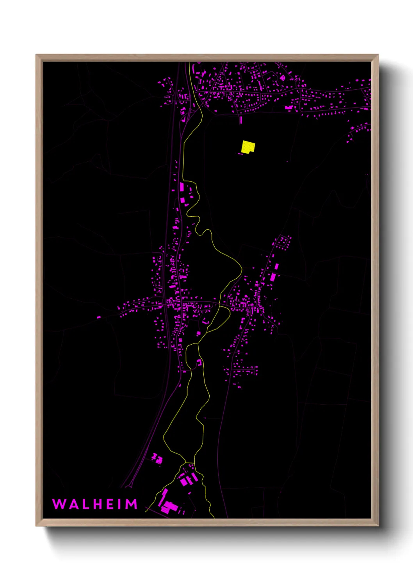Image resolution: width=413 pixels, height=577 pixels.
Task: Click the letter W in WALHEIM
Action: pyautogui.click(x=59, y=504)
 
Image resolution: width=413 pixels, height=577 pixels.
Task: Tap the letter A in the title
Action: pyautogui.click(x=73, y=504)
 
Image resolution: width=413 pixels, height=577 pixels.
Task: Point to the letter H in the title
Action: pyautogui.click(x=99, y=504)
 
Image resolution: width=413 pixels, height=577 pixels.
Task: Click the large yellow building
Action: pyautogui.click(x=248, y=147)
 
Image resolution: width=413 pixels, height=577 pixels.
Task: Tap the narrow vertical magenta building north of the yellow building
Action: pyautogui.click(x=241, y=120)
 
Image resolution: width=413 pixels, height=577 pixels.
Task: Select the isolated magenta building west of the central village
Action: pyautogui.click(x=99, y=317)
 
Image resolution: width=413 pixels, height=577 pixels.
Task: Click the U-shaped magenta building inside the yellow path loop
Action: pyautogui.click(x=199, y=363)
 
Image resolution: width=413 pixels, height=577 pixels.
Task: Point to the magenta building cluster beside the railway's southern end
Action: pyautogui.click(x=157, y=458)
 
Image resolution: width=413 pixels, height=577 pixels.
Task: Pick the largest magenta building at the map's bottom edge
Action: pyautogui.click(x=169, y=506)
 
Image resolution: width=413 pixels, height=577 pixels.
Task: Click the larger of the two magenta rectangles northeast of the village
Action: pyautogui.click(x=273, y=277)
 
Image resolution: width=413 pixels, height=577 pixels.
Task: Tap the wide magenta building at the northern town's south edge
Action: pyautogui.click(x=289, y=107)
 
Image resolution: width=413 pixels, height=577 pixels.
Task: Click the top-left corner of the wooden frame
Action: pyautogui.click(x=36, y=55)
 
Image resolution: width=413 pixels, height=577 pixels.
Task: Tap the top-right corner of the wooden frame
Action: pyautogui.click(x=378, y=55)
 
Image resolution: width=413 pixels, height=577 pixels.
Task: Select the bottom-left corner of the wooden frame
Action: pyautogui.click(x=36, y=526)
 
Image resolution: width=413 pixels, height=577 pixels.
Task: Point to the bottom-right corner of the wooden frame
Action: pyautogui.click(x=378, y=526)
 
